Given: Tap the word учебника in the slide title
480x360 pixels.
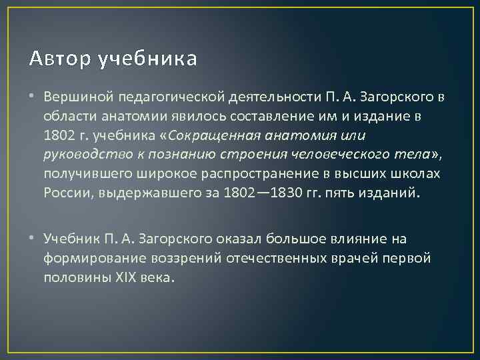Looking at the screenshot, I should tap(147, 59).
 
